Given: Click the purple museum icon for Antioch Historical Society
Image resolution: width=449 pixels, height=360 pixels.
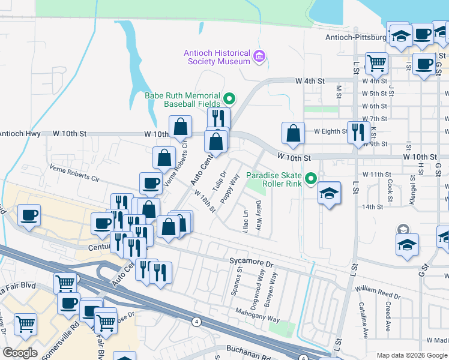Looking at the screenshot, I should coord(259,57).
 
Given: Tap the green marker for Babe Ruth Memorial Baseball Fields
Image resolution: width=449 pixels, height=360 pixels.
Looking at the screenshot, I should coord(229,99).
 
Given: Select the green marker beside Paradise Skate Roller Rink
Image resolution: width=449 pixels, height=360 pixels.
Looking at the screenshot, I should coord(311,178).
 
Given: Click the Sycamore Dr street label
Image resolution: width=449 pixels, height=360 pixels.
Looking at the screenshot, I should coord(252,263).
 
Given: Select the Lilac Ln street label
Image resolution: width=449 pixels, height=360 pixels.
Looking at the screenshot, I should coord(245,219).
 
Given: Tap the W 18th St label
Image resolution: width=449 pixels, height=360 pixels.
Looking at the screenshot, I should coord(205,201).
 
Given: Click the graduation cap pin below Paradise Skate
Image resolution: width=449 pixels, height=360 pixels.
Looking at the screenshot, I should coord(329,194).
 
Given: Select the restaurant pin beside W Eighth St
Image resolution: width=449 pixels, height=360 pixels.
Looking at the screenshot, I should coord(358,131).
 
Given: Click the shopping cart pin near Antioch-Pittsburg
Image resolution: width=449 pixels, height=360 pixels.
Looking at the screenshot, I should coord(376,62).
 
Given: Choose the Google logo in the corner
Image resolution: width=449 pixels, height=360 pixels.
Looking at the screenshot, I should coord(20,352).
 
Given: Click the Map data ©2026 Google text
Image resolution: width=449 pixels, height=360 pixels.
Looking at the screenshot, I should coord(411,355).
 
